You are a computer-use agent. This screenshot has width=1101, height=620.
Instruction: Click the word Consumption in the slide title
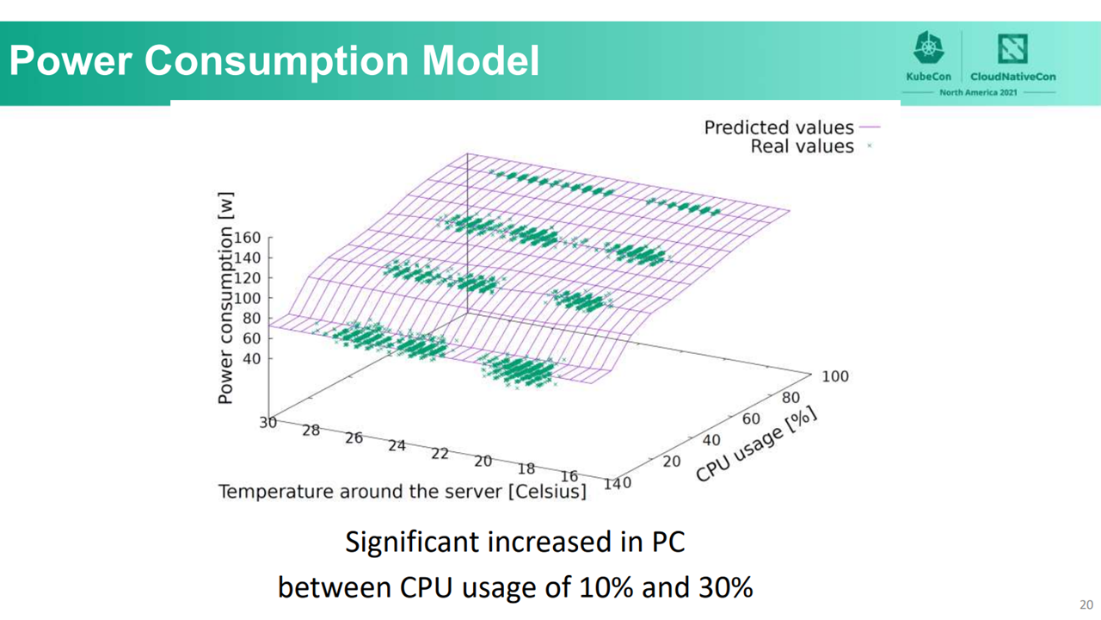click(x=277, y=61)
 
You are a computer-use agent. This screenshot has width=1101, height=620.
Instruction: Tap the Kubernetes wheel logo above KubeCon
click(x=928, y=47)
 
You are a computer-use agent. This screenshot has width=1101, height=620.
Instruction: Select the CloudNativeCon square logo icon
click(x=1012, y=48)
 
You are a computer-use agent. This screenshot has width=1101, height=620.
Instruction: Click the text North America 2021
click(x=978, y=92)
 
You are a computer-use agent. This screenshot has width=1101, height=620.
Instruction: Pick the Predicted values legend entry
click(x=791, y=127)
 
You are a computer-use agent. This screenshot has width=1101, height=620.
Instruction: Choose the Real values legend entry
click(x=811, y=146)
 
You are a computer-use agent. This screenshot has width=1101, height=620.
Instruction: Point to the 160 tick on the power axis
click(x=247, y=238)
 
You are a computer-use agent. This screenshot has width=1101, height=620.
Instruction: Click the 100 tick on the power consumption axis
click(x=247, y=298)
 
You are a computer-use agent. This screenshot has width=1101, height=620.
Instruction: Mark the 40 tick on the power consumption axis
click(x=251, y=359)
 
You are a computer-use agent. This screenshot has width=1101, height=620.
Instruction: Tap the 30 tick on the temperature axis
click(x=268, y=422)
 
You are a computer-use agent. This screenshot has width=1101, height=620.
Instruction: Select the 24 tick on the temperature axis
click(x=397, y=446)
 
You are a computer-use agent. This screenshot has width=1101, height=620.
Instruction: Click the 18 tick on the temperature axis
click(x=526, y=469)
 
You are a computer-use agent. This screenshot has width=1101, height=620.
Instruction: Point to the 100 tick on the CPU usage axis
click(x=835, y=376)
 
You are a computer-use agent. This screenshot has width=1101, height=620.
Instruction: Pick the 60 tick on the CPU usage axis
click(x=751, y=418)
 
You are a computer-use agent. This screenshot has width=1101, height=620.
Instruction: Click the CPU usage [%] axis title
click(x=757, y=444)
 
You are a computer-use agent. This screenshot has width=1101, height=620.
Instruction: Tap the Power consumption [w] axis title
click(x=225, y=298)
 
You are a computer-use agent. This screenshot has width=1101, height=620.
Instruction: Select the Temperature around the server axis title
click(x=403, y=492)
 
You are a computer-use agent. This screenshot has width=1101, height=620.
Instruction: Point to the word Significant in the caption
click(x=412, y=542)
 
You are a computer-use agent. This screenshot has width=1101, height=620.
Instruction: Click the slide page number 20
click(x=1086, y=604)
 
